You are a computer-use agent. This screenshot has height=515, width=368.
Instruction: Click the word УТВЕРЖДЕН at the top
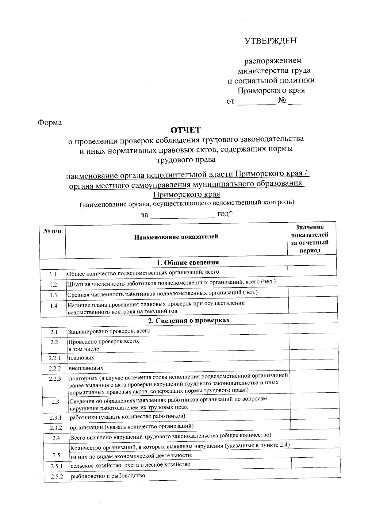tap(270, 41)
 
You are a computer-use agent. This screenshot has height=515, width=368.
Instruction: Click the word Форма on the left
tap(50, 123)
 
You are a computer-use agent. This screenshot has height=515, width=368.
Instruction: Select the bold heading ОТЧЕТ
tap(185, 130)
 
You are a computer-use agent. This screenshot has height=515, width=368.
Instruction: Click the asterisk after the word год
tap(231, 212)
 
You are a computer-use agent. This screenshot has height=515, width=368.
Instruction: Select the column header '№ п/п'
tap(52, 231)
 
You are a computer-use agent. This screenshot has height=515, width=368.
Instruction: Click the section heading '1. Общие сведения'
tap(188, 262)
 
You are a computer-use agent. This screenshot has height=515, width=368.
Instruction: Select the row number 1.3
tap(53, 295)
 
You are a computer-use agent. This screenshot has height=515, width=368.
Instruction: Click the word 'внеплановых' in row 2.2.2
tap(86, 368)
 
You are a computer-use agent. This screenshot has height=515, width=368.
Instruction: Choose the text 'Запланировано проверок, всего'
tap(109, 331)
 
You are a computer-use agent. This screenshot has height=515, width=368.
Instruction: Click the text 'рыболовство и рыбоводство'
tap(108, 476)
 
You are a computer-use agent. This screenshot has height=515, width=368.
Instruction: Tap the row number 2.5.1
tap(57, 466)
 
